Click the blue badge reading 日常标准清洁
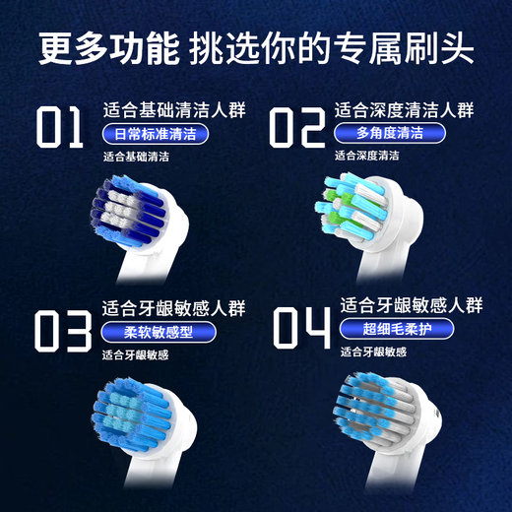155,134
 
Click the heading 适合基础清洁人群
164,110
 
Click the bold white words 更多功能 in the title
107,46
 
